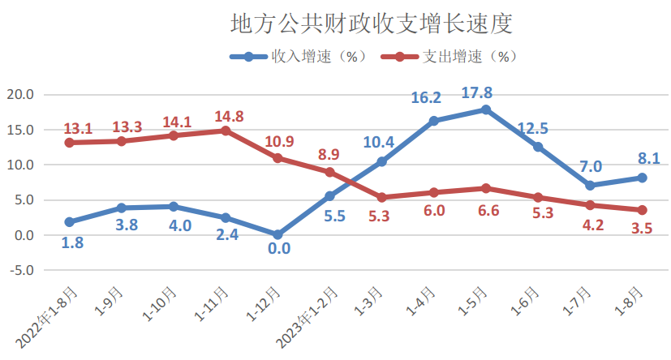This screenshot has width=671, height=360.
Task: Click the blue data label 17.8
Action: point(476,92)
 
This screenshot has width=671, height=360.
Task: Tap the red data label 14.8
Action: point(229,116)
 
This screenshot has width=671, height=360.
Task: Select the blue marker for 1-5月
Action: point(485,109)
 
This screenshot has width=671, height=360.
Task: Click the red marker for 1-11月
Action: point(226,131)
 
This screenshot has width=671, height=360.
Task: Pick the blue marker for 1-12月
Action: point(277,234)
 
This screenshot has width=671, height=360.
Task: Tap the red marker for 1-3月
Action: point(381,197)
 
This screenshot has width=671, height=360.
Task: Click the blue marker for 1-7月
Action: point(589,186)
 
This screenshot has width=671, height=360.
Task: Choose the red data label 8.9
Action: point(329,155)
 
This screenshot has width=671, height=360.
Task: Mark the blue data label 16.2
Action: point(426,98)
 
